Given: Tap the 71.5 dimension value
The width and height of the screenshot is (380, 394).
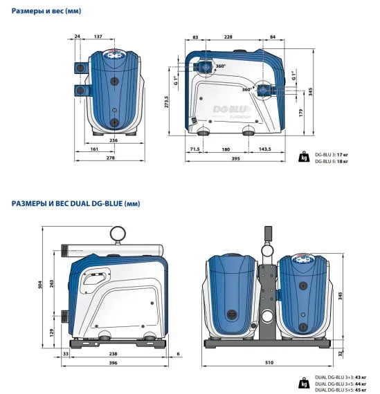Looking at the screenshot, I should (194, 149).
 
